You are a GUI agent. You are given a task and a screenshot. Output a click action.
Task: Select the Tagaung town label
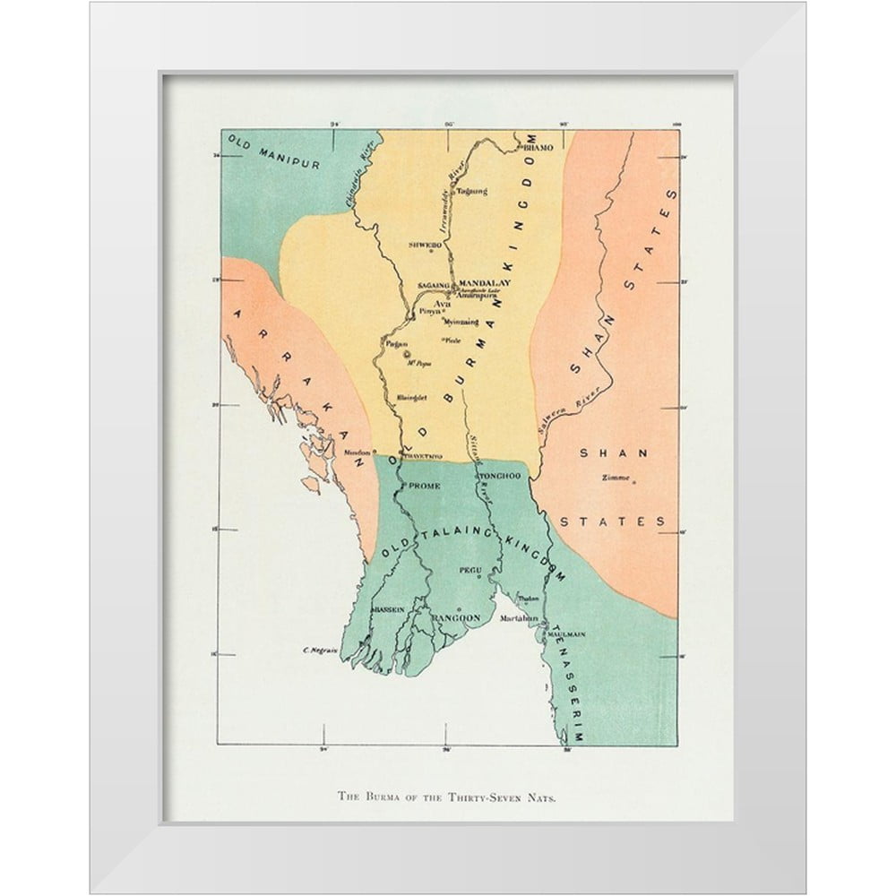(x=472, y=191)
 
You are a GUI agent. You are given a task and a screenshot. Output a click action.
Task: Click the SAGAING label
(x=433, y=286)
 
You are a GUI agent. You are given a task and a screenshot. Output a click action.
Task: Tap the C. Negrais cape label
(x=319, y=650)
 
